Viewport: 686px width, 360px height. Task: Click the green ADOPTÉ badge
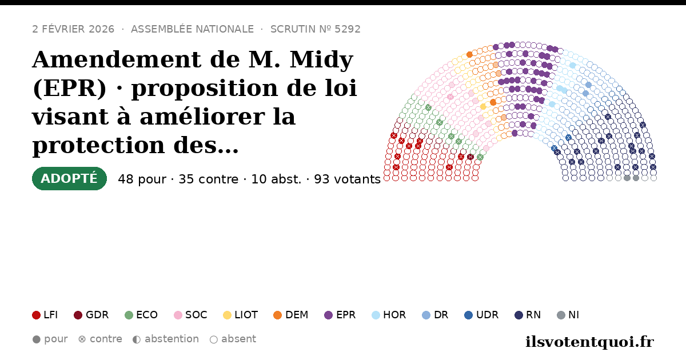click(x=69, y=178)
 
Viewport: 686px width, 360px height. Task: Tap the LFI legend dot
click(x=36, y=315)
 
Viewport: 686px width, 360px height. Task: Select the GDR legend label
click(x=97, y=315)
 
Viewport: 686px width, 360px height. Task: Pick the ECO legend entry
click(x=141, y=315)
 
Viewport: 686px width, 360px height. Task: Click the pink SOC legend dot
click(x=178, y=315)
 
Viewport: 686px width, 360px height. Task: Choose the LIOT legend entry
click(x=241, y=315)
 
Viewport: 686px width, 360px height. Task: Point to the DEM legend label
click(x=297, y=315)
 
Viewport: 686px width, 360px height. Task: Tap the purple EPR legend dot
click(x=328, y=315)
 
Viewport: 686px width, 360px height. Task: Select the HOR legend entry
click(x=389, y=315)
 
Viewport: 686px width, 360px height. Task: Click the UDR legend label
click(x=487, y=315)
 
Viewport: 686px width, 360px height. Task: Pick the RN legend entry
click(x=528, y=315)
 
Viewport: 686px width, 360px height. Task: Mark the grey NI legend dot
click(x=561, y=315)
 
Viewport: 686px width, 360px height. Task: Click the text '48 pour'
click(x=142, y=179)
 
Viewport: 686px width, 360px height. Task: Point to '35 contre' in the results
click(x=208, y=179)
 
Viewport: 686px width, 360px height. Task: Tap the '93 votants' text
click(x=347, y=179)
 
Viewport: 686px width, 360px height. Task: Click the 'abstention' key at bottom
click(x=171, y=339)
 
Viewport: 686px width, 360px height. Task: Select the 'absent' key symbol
click(x=214, y=339)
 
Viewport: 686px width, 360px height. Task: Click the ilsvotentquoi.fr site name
click(x=589, y=342)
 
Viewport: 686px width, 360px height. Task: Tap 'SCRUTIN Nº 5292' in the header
click(x=315, y=29)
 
